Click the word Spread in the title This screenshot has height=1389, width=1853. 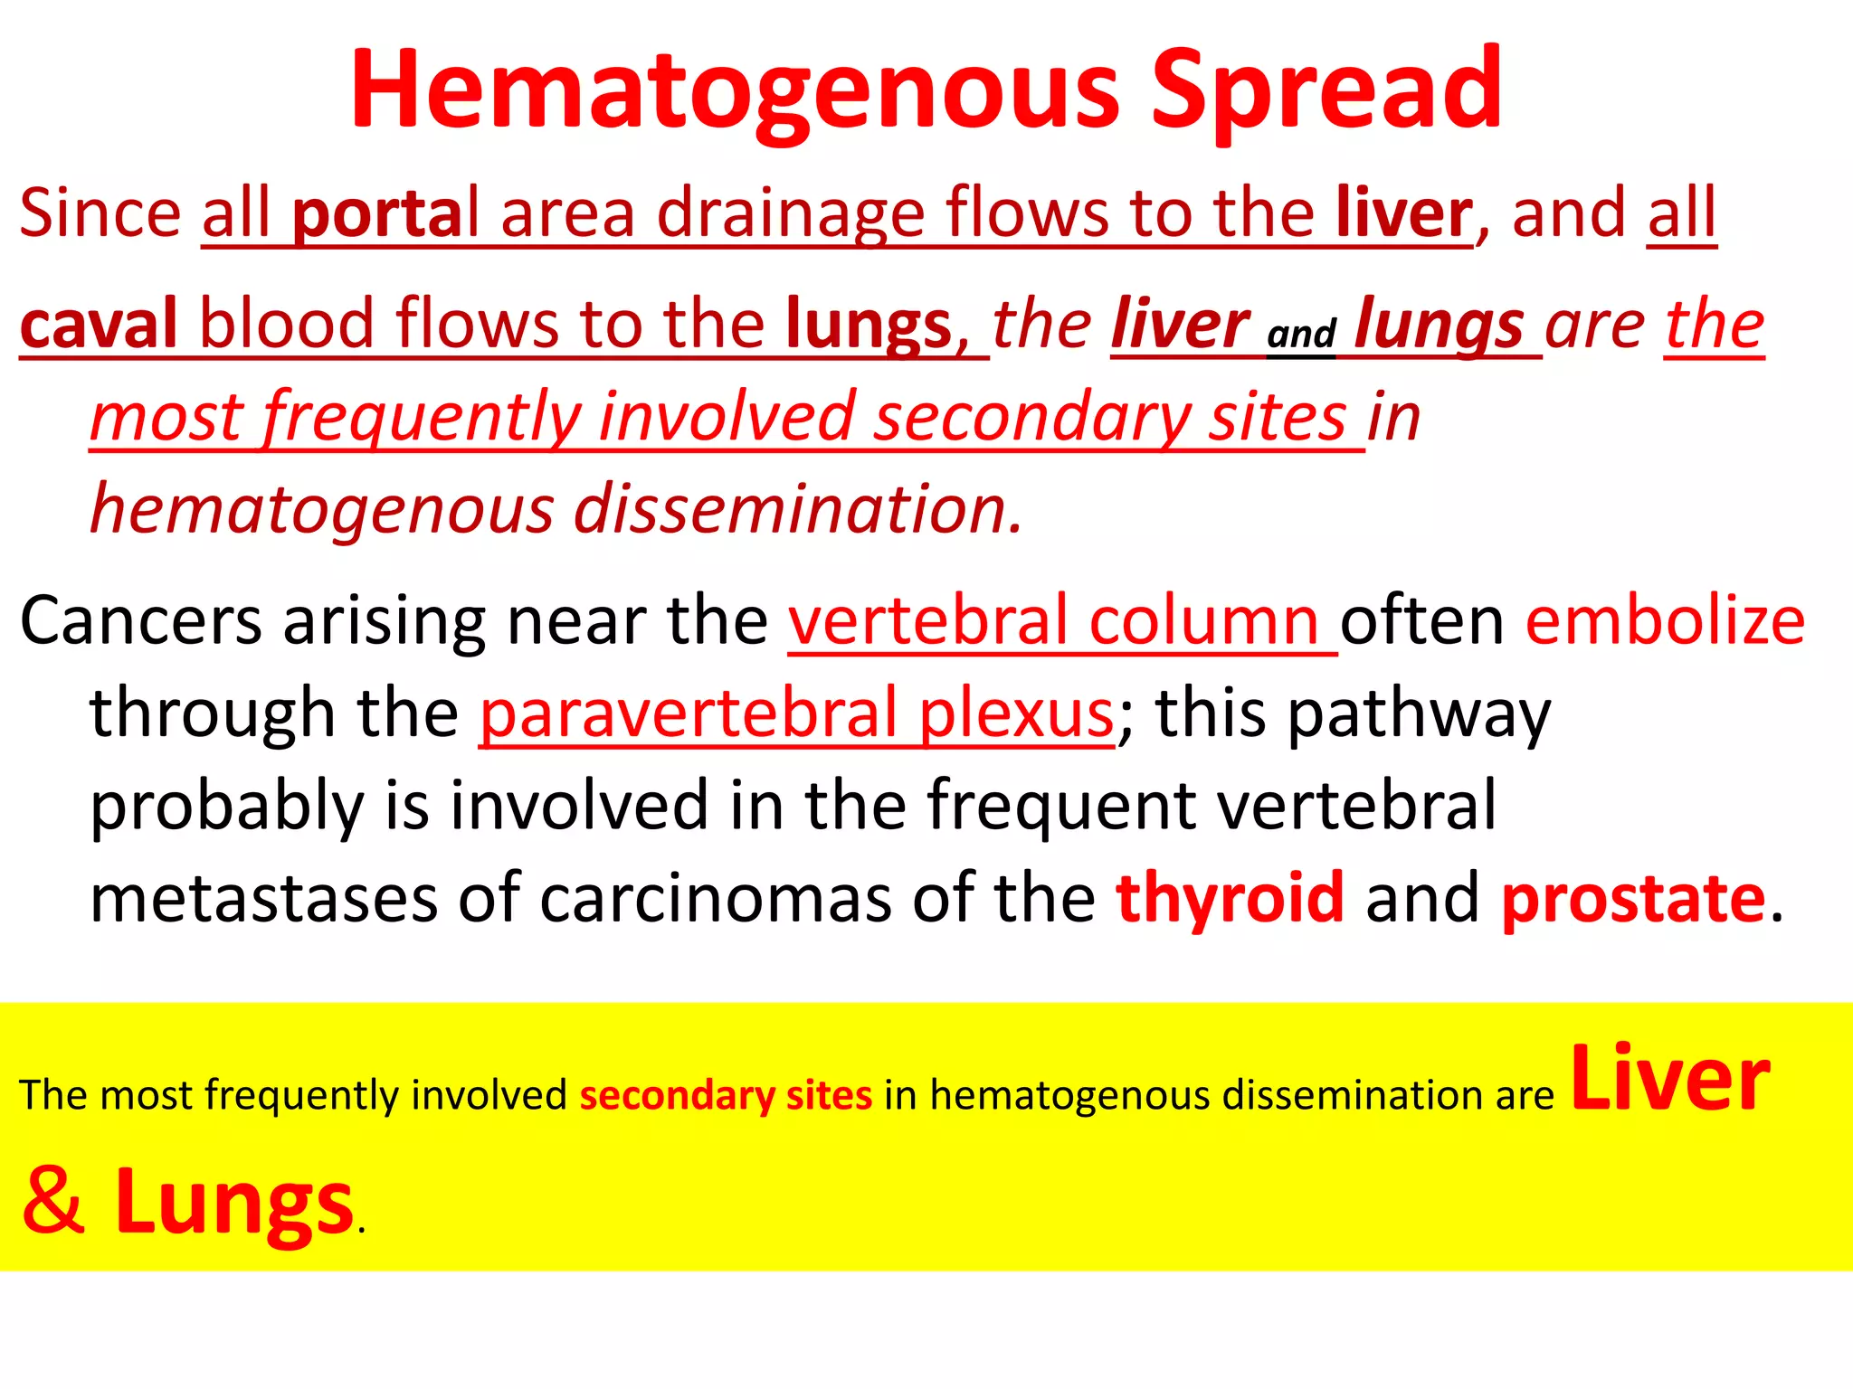(x=1326, y=90)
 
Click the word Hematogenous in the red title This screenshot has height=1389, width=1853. (x=735, y=90)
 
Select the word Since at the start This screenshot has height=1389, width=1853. (x=100, y=213)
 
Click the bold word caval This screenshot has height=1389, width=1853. (x=98, y=324)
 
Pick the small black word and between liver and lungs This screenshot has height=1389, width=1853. (x=1301, y=335)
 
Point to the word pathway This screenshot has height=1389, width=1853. (x=1419, y=714)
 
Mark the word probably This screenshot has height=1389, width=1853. (x=226, y=807)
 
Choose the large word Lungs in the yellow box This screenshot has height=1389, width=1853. (x=233, y=1203)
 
